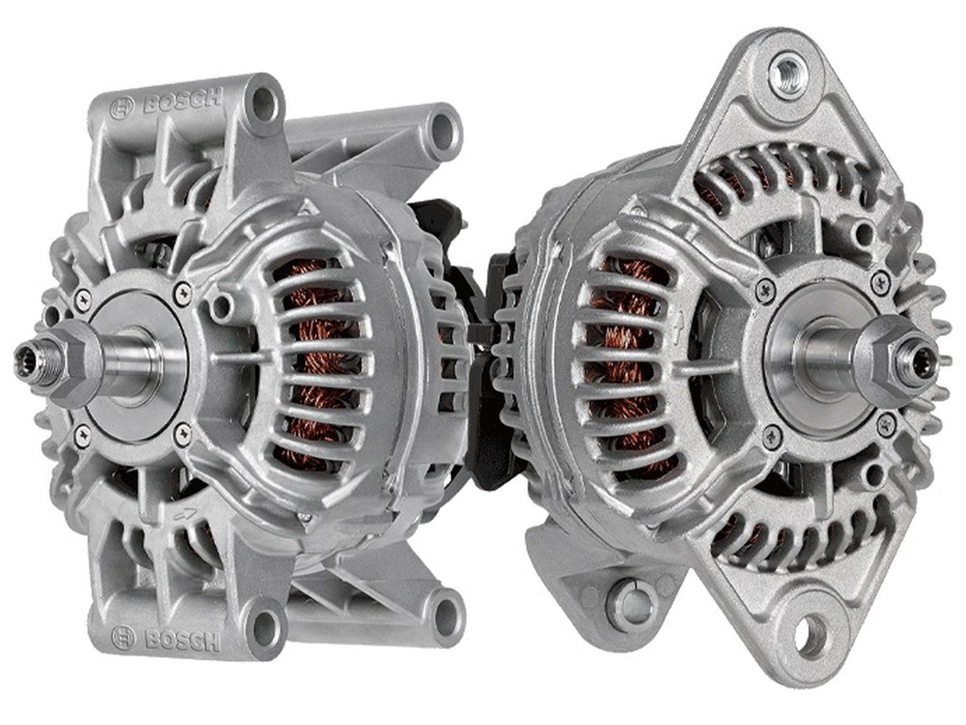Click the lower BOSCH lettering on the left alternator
(x=183, y=641)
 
